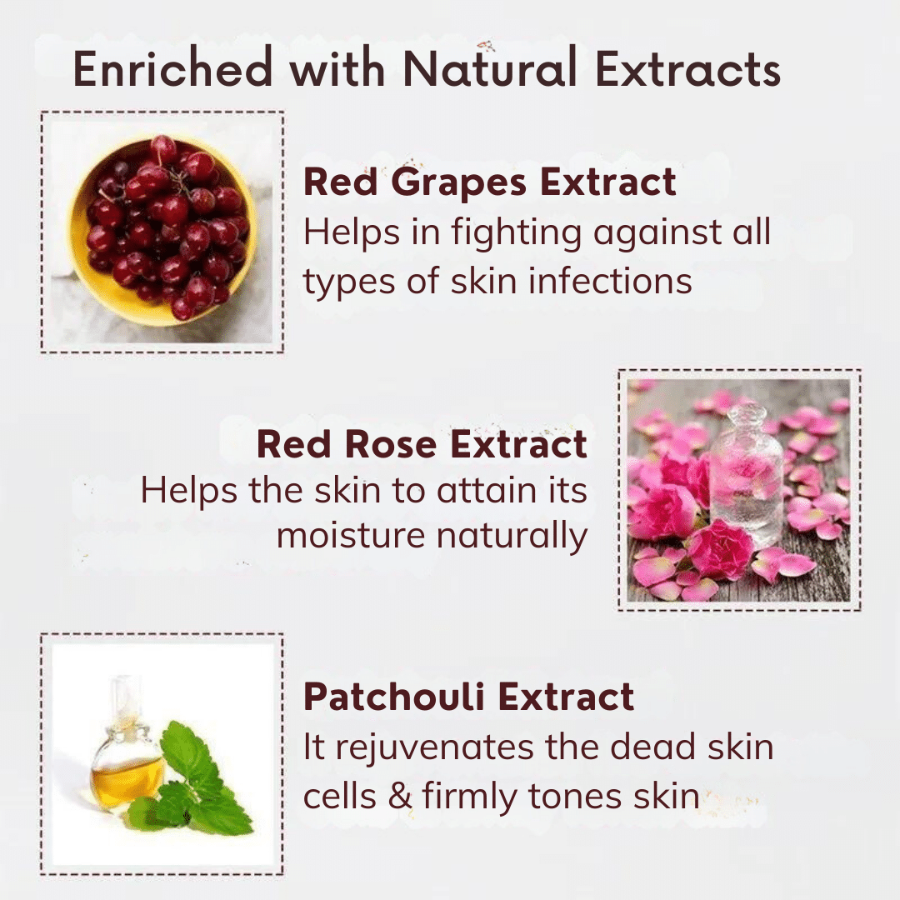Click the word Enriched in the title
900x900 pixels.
point(172,68)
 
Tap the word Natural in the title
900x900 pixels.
point(490,68)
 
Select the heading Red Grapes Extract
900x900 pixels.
point(490,182)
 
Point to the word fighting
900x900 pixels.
point(516,233)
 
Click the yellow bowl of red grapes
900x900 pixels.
point(163,232)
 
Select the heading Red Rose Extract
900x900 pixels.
point(422,444)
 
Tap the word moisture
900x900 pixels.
point(351,536)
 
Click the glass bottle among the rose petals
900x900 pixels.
point(746,474)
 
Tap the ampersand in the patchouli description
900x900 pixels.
point(399,797)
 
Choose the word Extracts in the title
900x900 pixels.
point(688,69)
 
